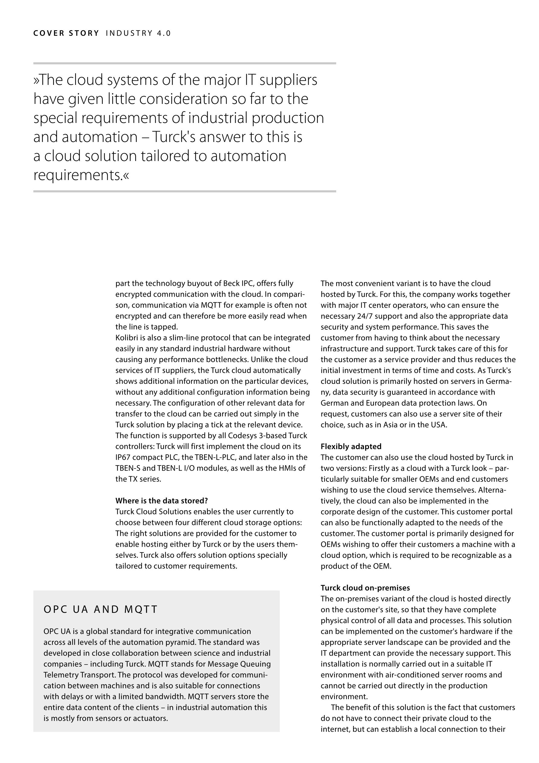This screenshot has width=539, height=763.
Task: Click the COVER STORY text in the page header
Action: tap(66, 33)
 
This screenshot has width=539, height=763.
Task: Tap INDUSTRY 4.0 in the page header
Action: tap(138, 33)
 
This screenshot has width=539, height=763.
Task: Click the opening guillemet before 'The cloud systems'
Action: tap(36, 81)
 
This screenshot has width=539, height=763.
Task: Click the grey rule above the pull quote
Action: tap(185, 63)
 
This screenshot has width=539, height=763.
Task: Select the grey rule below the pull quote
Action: tap(185, 192)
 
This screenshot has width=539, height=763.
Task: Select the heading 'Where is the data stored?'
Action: tap(161, 501)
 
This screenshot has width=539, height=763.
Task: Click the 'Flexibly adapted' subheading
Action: tap(351, 446)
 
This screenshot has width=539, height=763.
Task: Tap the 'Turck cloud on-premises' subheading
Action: tap(365, 588)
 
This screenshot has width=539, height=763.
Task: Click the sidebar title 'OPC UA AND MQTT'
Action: tap(100, 609)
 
